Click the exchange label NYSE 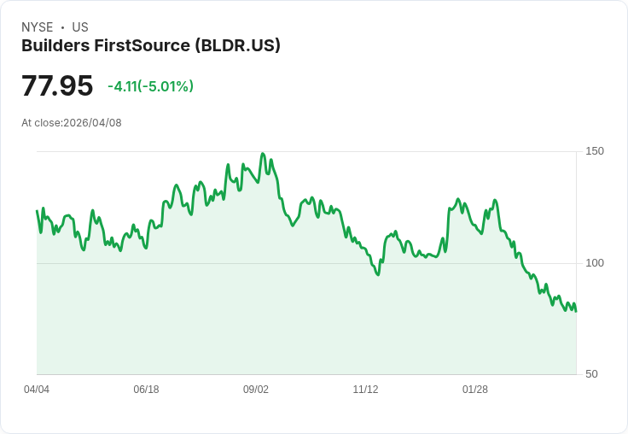[x=38, y=27]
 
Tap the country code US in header [x=80, y=27]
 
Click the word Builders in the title [x=53, y=45]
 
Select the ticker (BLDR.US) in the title [x=237, y=45]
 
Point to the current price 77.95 [x=57, y=86]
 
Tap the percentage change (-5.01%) [x=168, y=86]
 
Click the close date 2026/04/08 [x=92, y=123]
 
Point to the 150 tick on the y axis [x=595, y=151]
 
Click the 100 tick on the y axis [x=595, y=262]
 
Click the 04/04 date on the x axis [x=37, y=390]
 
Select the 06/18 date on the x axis [x=146, y=390]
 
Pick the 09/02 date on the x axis [x=256, y=390]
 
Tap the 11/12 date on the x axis [x=365, y=390]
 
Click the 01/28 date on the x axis [x=475, y=390]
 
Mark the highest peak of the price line [x=263, y=154]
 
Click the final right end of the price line [x=576, y=310]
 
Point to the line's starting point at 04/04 [x=37, y=210]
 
